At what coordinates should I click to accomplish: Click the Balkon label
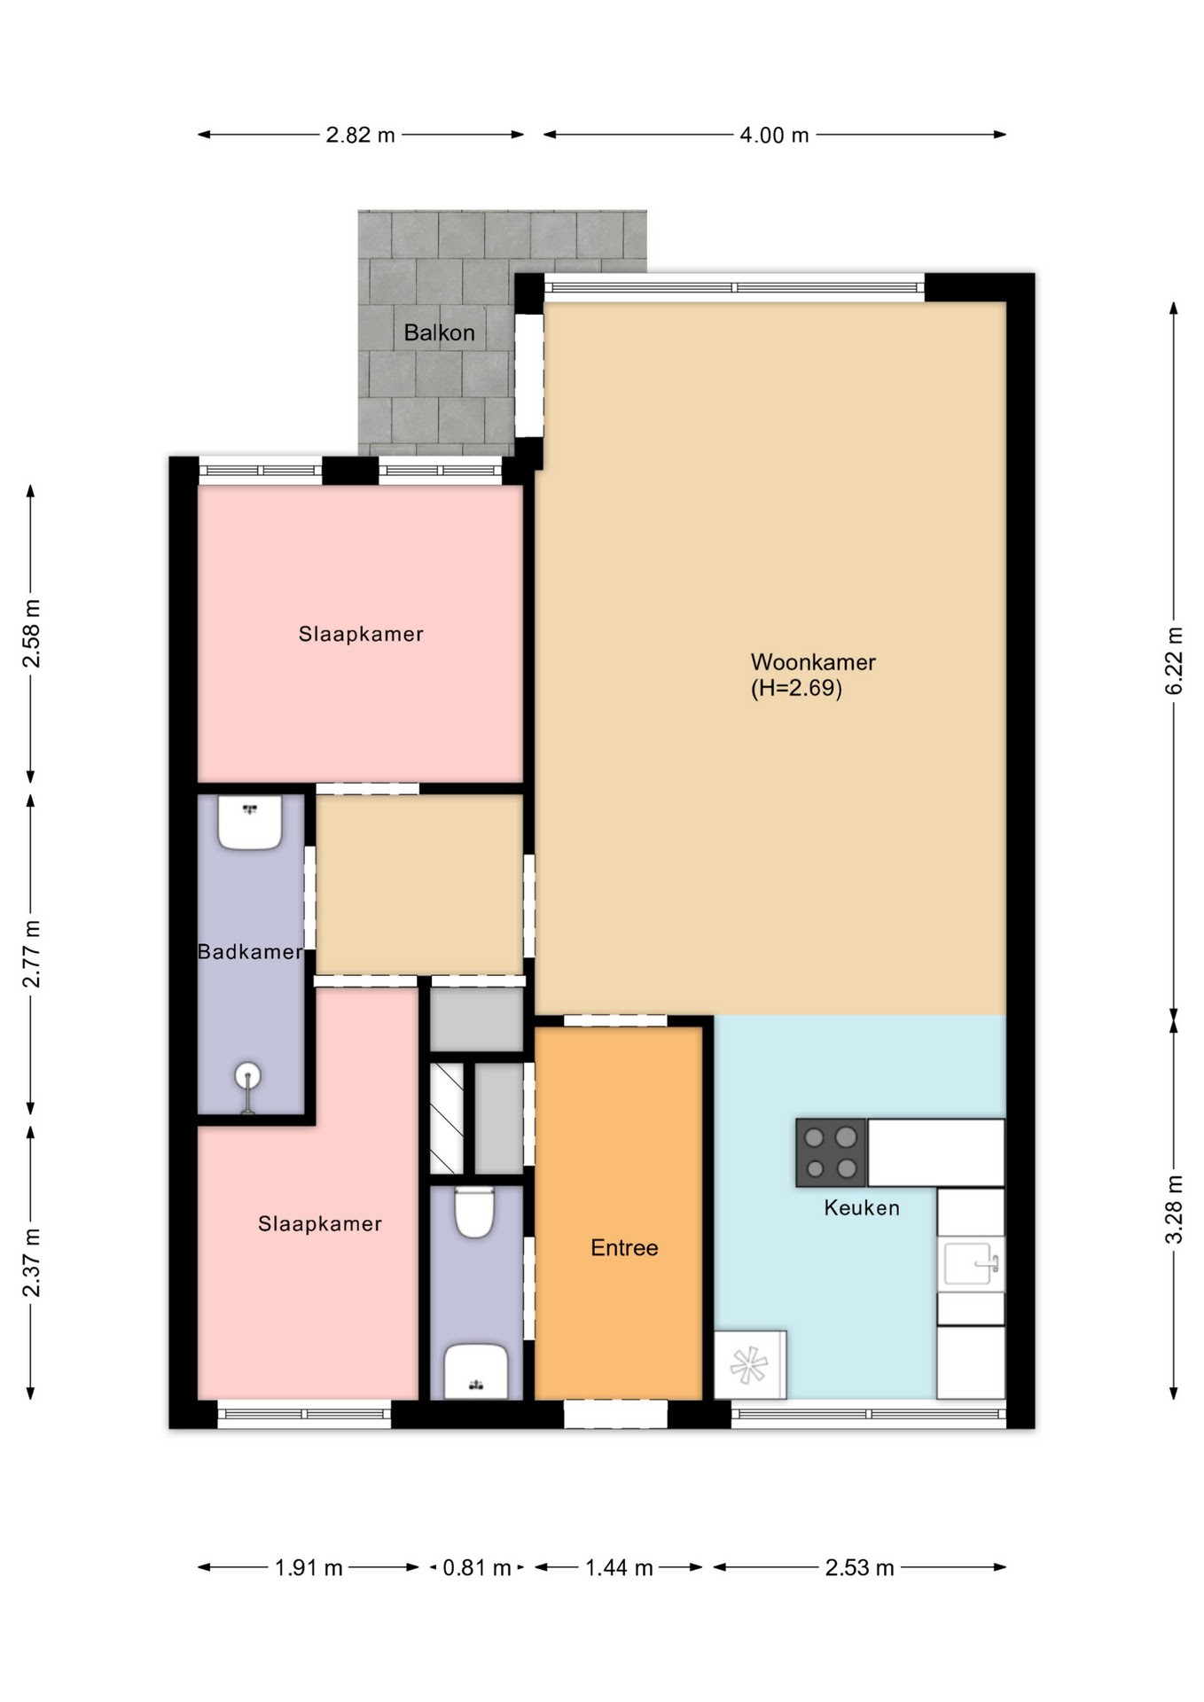(439, 332)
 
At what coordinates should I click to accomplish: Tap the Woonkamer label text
(812, 661)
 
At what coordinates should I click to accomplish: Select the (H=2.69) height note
(795, 688)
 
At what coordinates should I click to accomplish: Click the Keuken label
(861, 1207)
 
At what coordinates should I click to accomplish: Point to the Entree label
(624, 1247)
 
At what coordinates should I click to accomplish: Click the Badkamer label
(249, 951)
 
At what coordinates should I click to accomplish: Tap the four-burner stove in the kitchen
(831, 1152)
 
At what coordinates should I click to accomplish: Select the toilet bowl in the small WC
(474, 1212)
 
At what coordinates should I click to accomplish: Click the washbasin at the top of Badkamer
(250, 822)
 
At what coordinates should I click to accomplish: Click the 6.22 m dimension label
(1174, 660)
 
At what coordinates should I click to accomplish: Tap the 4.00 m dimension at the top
(774, 135)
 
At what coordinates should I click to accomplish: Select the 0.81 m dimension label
(476, 1567)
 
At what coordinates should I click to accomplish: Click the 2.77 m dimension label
(31, 953)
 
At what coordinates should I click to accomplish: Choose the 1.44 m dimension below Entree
(619, 1567)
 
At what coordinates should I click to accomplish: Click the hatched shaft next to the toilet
(447, 1118)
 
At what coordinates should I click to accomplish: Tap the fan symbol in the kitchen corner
(749, 1364)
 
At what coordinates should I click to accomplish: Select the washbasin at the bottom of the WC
(476, 1371)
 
